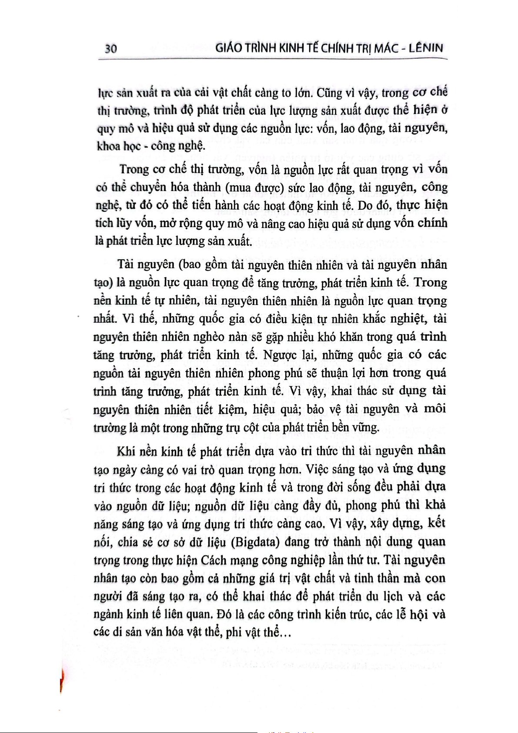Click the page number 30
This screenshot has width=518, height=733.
[111, 48]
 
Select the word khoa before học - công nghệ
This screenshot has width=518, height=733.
[108, 146]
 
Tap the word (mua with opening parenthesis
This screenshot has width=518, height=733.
[239, 187]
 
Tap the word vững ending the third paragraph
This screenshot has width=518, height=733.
[367, 428]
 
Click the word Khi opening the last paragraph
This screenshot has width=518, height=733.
[126, 451]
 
